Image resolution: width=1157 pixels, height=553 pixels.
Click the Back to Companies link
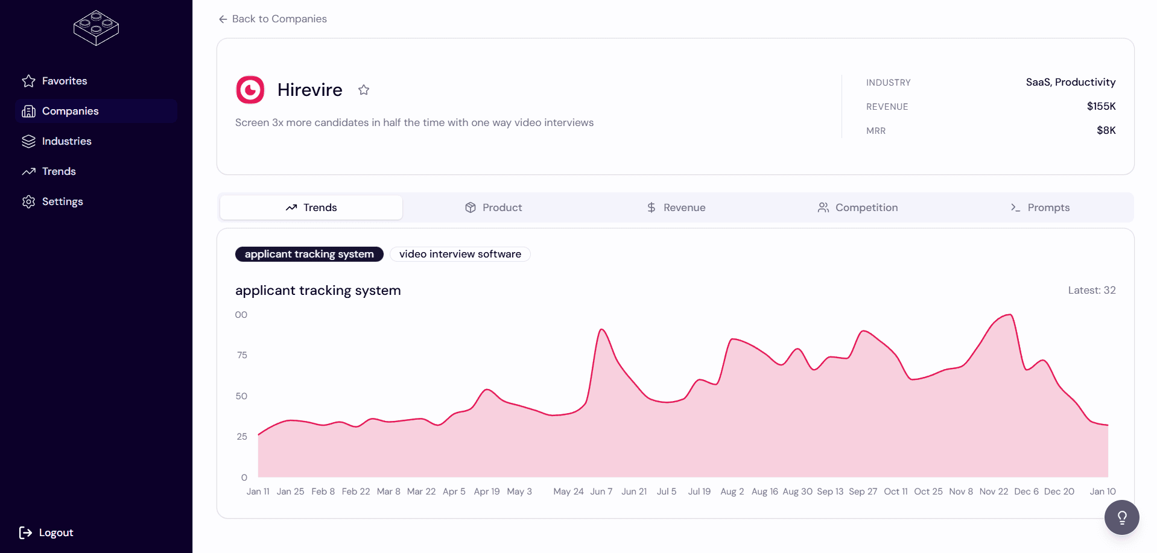(x=273, y=19)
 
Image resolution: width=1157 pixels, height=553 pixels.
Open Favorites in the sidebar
(x=64, y=81)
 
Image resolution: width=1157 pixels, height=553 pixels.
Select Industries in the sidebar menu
(x=66, y=141)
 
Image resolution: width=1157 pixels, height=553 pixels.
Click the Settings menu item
(x=62, y=201)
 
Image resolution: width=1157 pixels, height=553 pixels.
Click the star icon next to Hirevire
(x=364, y=90)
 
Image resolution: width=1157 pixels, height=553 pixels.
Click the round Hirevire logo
(x=250, y=90)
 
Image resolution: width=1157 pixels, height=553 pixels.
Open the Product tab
(x=493, y=207)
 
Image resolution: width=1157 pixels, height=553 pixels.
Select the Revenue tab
(x=676, y=207)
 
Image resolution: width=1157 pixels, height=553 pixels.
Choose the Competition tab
(x=858, y=207)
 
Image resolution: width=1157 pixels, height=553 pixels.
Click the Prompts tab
(x=1040, y=207)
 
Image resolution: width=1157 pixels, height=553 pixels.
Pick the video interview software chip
(x=460, y=254)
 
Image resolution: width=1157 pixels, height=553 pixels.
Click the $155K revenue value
(x=1101, y=106)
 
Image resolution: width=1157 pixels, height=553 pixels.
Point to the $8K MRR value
(x=1106, y=130)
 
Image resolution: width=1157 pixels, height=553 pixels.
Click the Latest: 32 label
(x=1091, y=290)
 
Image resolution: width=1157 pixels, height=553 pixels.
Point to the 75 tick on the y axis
(x=242, y=355)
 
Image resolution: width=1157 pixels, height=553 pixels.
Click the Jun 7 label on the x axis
(x=601, y=491)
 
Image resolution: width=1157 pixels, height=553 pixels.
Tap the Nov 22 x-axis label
(x=994, y=491)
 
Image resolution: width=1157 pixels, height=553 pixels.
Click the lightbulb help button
(x=1121, y=517)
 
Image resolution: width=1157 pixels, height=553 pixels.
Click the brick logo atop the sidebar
(x=96, y=28)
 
